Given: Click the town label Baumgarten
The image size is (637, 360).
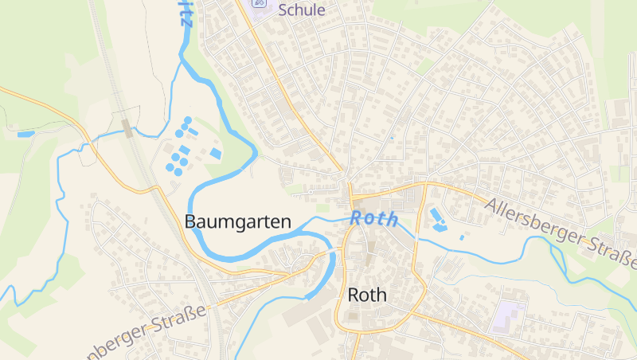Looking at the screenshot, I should point(238,222).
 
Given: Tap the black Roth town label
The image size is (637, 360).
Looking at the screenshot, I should point(367,295).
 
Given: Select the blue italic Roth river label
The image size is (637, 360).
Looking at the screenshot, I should point(373,219).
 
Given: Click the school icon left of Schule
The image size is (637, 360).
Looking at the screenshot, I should point(260,4).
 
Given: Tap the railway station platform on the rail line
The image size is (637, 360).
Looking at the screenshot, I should point(127,127).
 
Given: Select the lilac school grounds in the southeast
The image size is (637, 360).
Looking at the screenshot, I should point(508,317).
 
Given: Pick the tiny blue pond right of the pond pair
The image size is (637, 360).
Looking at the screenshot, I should point(462,237).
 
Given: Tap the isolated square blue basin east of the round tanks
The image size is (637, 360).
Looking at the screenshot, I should point(216,153).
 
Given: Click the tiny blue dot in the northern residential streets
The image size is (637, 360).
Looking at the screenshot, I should point(392,138).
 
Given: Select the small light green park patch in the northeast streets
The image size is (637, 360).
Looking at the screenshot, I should point(425,66).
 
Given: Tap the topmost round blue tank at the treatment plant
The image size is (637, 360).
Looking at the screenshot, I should point(188,120).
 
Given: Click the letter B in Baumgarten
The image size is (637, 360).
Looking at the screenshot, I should point(190,222).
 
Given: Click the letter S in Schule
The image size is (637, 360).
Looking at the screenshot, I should point(283,10).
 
